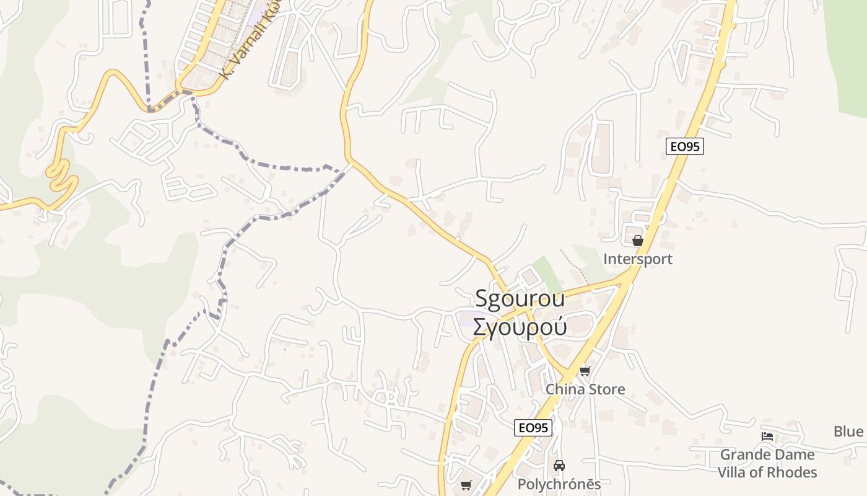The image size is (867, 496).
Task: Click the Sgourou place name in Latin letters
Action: [520, 298]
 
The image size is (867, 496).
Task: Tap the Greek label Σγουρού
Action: [520, 326]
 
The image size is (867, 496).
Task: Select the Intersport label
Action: [638, 259]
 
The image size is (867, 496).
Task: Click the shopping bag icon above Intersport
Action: [638, 241]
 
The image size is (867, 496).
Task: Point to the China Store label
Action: [585, 389]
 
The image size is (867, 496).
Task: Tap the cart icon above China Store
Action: [585, 371]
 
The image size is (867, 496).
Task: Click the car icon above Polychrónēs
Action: [559, 465]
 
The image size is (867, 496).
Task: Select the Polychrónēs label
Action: [559, 484]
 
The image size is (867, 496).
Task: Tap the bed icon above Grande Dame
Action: [767, 436]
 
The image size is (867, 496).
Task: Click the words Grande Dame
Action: [767, 454]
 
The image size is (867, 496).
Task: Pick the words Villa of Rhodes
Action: [767, 472]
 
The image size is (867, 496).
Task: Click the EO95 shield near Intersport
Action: [685, 147]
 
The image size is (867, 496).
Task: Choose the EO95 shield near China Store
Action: [533, 428]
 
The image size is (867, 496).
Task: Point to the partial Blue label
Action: [848, 432]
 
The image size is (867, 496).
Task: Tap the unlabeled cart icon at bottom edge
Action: [466, 485]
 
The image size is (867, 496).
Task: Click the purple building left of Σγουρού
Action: [464, 320]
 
